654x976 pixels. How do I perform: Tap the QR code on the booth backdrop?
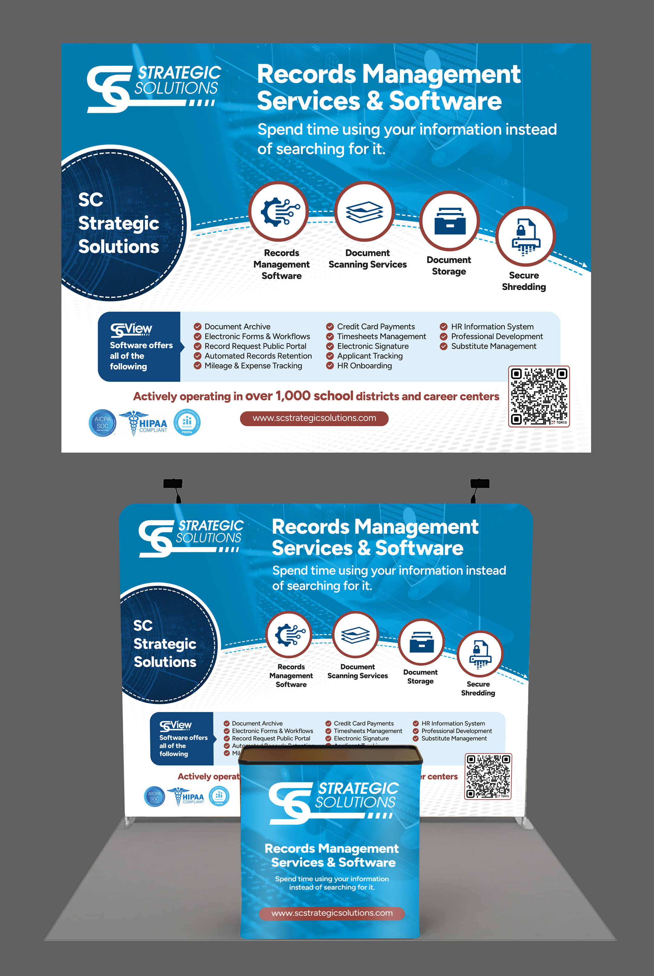(x=488, y=776)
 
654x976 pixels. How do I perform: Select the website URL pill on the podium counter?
(x=332, y=913)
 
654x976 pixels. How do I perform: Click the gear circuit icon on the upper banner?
(x=278, y=211)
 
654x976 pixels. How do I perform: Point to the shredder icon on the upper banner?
(x=525, y=236)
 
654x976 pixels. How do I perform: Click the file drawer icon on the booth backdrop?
(x=421, y=642)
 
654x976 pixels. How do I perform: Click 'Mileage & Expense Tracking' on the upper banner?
(x=253, y=366)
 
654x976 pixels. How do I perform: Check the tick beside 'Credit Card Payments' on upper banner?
(x=330, y=327)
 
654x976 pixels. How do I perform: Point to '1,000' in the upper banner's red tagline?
(x=293, y=396)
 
